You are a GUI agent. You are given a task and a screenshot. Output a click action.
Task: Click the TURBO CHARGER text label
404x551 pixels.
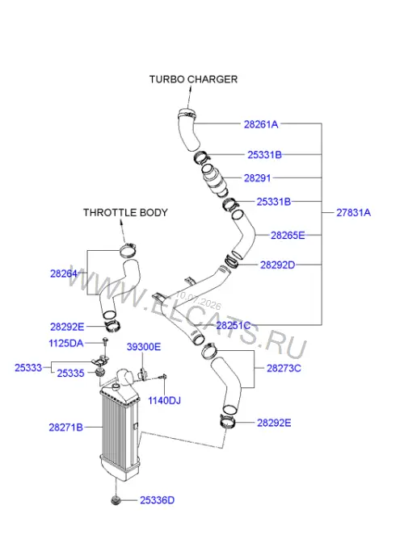[x=193, y=79]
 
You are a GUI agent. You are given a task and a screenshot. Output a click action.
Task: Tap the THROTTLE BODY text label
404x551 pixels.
[x=125, y=213]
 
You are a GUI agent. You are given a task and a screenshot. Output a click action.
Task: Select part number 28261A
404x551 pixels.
[x=261, y=124]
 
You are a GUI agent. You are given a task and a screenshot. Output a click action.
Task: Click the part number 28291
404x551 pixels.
[x=258, y=178]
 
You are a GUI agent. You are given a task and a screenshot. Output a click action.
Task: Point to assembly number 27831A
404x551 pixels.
[x=353, y=213]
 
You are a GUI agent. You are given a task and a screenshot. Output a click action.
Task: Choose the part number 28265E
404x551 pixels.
[x=288, y=236]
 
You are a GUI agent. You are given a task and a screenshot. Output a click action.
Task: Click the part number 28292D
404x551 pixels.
[x=278, y=265]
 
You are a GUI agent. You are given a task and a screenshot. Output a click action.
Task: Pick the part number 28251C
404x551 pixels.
[x=234, y=325]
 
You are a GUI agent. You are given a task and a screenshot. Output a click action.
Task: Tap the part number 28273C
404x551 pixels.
[x=284, y=368]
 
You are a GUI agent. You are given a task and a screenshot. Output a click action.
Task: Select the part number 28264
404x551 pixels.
[x=64, y=273]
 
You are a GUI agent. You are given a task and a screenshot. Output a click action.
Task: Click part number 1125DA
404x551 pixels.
[x=66, y=343]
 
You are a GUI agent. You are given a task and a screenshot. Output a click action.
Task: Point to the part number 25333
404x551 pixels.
[x=28, y=368]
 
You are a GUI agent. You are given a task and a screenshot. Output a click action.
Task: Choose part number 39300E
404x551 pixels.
[x=144, y=347]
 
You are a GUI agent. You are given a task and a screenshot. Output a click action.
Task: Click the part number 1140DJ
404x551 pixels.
[x=164, y=401]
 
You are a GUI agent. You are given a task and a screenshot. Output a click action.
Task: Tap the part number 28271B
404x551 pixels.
[x=65, y=428]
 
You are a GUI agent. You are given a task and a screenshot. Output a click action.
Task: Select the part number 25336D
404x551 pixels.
[x=157, y=500]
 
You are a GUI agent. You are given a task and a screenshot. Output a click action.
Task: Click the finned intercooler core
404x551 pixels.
[x=118, y=431]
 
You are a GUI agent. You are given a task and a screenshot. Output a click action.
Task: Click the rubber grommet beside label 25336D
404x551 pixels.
[x=116, y=500]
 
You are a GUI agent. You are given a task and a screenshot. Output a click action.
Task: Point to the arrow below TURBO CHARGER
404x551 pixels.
[x=189, y=98]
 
